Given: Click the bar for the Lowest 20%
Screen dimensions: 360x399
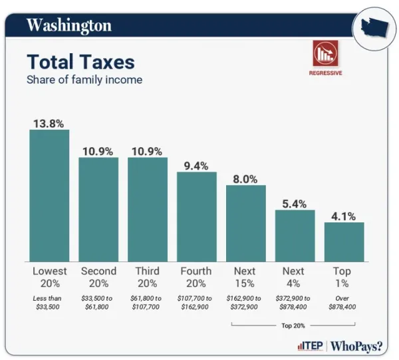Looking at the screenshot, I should tap(49, 196).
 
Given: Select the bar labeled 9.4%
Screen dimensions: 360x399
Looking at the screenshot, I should tap(197, 217).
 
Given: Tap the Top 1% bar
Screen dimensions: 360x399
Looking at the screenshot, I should tap(344, 242).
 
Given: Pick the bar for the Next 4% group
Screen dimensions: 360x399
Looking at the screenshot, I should tap(295, 236).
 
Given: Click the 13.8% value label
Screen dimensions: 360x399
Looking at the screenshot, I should tap(49, 122).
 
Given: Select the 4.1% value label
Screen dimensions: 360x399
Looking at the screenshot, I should tap(344, 216).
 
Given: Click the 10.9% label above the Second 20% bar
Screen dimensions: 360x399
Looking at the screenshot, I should tap(98, 150).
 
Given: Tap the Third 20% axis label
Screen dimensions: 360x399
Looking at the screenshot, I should tap(148, 277).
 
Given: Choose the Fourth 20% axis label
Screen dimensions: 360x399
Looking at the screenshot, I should tap(197, 277).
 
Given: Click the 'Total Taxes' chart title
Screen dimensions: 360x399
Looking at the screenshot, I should tap(80, 62).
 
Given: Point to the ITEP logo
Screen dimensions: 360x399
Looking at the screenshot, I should tap(309, 346).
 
